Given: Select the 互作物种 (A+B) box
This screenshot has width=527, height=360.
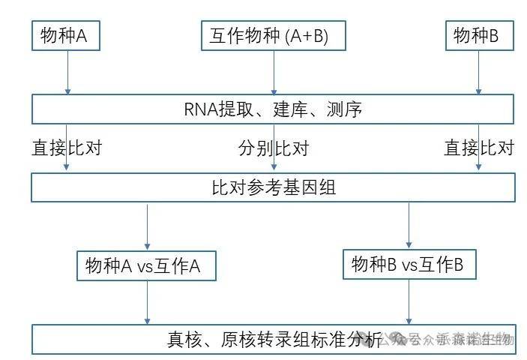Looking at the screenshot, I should (273, 34).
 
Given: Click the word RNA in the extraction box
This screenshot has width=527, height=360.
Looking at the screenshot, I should (200, 109).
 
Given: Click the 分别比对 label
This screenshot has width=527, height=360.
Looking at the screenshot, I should (274, 148).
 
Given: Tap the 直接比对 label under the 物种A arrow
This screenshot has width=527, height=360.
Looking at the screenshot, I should (66, 148).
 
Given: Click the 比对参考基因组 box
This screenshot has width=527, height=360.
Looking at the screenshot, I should (273, 187).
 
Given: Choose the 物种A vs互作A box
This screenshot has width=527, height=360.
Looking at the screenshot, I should (146, 265).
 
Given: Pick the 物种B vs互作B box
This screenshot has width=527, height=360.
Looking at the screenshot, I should (409, 263).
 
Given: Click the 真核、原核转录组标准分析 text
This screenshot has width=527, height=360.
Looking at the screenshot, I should (274, 339).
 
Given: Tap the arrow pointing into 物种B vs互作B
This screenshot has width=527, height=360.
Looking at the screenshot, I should (409, 225).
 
